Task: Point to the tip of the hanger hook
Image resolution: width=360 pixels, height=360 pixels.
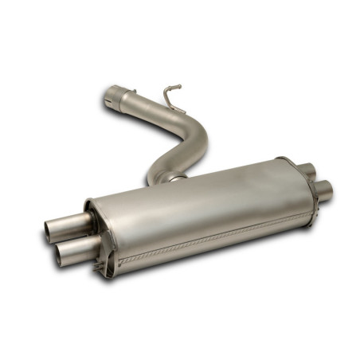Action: point(178,88)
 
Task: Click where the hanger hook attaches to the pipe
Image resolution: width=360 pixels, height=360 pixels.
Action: point(167,104)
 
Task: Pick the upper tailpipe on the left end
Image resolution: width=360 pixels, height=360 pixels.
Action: point(64,226)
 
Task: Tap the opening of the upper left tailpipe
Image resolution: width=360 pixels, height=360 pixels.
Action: point(50,230)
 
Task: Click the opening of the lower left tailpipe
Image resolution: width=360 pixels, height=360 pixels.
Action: point(61,255)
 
